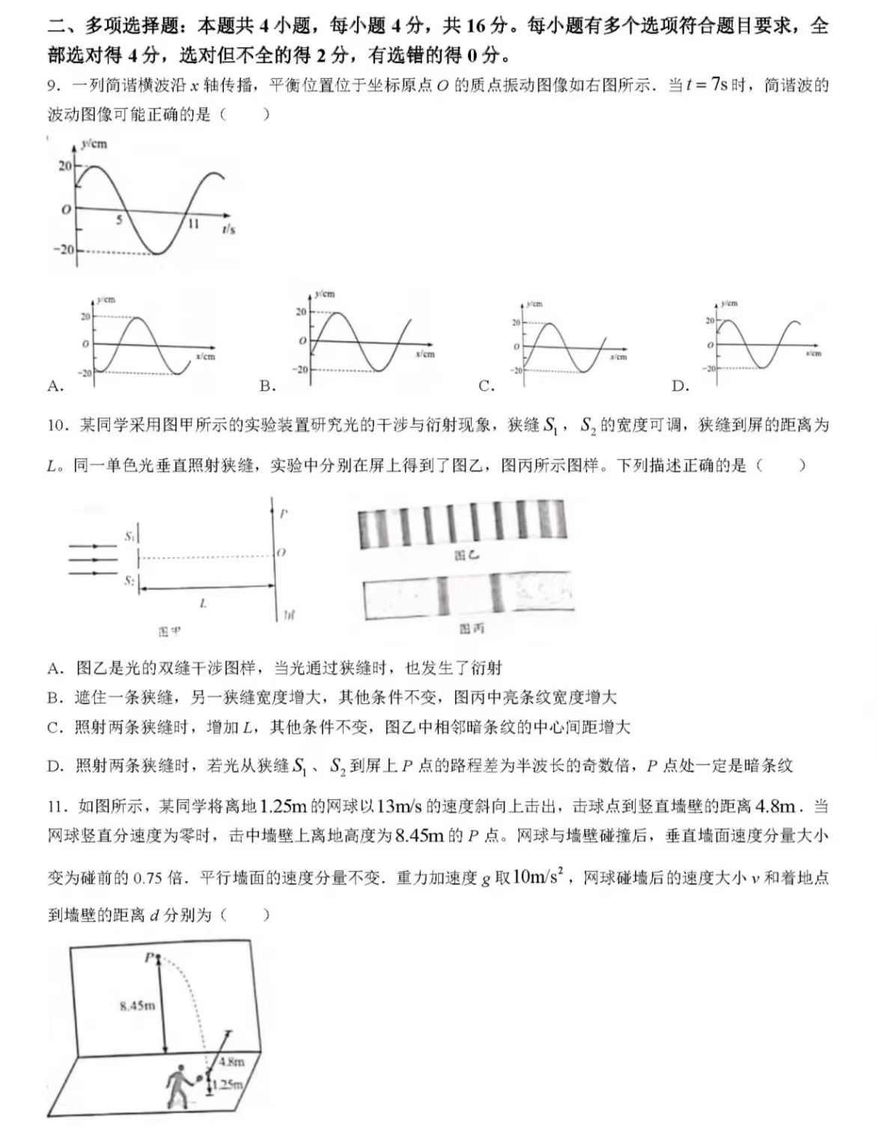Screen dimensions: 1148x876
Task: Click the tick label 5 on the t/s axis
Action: pyautogui.click(x=118, y=219)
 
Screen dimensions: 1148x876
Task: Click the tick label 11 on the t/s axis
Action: pyautogui.click(x=193, y=223)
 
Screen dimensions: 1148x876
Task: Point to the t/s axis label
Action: pyautogui.click(x=228, y=229)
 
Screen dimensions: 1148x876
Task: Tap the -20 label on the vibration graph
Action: pyautogui.click(x=63, y=249)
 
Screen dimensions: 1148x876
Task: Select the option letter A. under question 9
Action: pyautogui.click(x=55, y=386)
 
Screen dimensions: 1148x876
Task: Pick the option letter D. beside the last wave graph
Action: pyautogui.click(x=680, y=386)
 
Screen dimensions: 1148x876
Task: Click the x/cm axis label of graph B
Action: pyautogui.click(x=425, y=353)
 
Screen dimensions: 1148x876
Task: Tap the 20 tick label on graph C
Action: pyautogui.click(x=516, y=322)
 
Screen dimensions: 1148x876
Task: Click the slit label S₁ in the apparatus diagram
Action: pyautogui.click(x=130, y=536)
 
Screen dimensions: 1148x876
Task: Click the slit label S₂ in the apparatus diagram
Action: pyautogui.click(x=130, y=580)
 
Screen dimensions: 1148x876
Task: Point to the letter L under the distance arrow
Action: pyautogui.click(x=203, y=603)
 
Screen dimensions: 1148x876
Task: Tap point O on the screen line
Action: pyautogui.click(x=282, y=553)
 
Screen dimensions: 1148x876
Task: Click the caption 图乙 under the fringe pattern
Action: pyautogui.click(x=466, y=555)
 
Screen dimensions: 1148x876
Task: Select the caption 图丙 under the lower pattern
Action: pyautogui.click(x=471, y=628)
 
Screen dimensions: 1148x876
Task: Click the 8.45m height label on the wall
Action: pyautogui.click(x=137, y=1005)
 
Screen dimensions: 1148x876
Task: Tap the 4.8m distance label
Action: pyautogui.click(x=231, y=1061)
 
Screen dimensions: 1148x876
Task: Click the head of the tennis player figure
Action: pyautogui.click(x=180, y=1068)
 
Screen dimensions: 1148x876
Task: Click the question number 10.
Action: pyautogui.click(x=57, y=425)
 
